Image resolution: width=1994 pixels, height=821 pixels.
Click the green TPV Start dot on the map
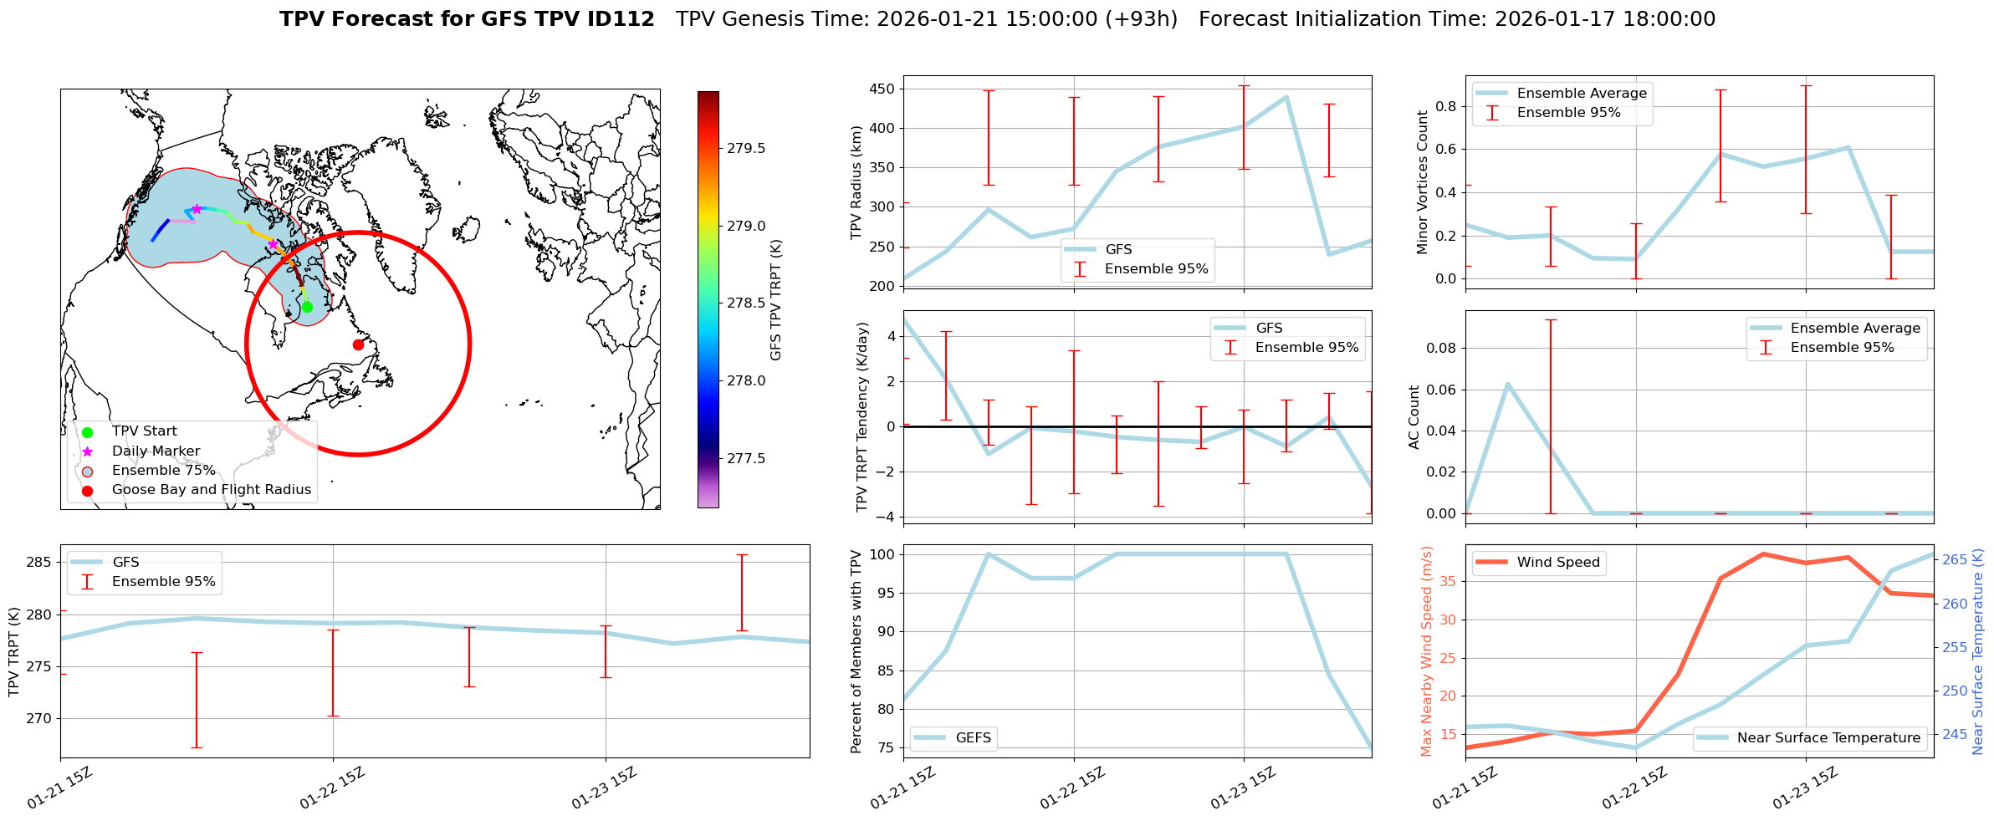click(307, 307)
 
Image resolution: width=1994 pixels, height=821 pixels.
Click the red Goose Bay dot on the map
click(358, 344)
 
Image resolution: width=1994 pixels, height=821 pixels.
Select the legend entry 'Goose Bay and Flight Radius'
click(211, 490)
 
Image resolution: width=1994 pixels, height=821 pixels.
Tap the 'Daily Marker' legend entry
click(156, 451)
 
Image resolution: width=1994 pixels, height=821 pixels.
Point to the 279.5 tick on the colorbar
click(745, 148)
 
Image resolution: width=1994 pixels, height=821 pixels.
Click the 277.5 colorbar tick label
click(745, 458)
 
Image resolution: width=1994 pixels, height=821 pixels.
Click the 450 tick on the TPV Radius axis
click(882, 89)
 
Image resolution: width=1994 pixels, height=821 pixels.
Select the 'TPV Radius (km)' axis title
click(856, 182)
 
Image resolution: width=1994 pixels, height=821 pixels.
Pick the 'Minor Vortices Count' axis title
click(1423, 182)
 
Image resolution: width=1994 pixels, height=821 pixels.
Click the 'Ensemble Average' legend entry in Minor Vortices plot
click(1581, 93)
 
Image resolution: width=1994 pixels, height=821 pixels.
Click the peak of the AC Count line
click(1507, 385)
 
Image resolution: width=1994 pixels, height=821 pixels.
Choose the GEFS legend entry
click(973, 737)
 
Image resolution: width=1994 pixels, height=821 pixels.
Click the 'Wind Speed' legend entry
click(1557, 562)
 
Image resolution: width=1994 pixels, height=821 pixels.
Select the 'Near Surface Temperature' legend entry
click(1828, 737)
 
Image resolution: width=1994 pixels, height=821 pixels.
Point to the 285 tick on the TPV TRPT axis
click(39, 562)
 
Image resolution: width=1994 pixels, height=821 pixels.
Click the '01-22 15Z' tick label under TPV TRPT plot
click(333, 788)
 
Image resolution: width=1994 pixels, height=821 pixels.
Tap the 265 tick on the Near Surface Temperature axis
click(1954, 559)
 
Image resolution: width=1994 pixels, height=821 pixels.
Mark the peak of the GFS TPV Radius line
click(1286, 97)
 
